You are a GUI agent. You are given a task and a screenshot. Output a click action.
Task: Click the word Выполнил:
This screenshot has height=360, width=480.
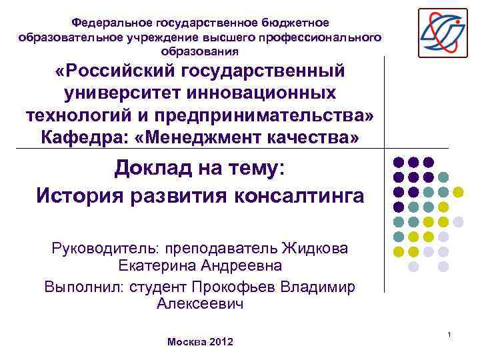point(78,287)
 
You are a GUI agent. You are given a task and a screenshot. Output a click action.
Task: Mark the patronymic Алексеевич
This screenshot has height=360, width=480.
point(200,303)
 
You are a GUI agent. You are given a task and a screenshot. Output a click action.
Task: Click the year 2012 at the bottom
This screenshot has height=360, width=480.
point(221,342)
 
